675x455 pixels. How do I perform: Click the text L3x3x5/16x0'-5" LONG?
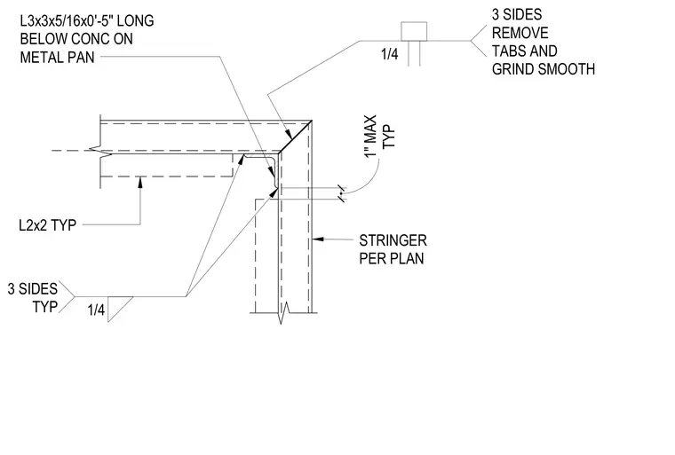click(87, 20)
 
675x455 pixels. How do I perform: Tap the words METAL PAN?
click(57, 57)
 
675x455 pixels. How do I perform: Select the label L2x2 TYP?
click(47, 225)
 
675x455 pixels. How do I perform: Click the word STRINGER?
click(393, 240)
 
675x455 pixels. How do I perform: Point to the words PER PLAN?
click(392, 258)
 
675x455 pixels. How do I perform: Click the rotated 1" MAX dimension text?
click(370, 136)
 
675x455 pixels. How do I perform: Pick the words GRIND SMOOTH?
click(544, 69)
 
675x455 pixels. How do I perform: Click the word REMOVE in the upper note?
click(520, 33)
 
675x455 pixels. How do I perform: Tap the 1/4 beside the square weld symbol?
click(390, 54)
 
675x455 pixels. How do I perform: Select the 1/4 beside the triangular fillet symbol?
click(96, 310)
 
